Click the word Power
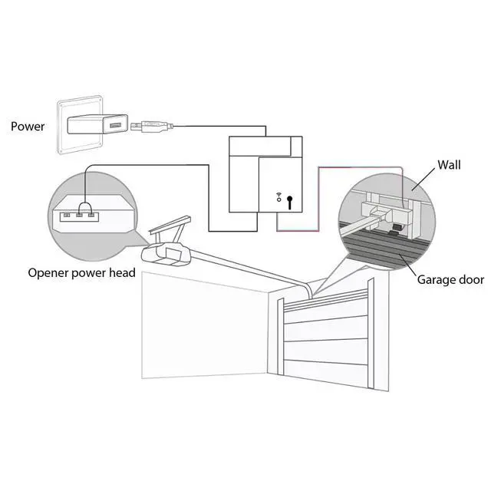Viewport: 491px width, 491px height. click(28, 126)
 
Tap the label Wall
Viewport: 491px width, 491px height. click(448, 164)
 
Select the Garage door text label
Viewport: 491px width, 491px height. click(450, 279)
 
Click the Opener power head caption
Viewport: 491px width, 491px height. click(81, 272)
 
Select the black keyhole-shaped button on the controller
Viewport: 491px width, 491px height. click(290, 203)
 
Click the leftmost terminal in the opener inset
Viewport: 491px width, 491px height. click(66, 216)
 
